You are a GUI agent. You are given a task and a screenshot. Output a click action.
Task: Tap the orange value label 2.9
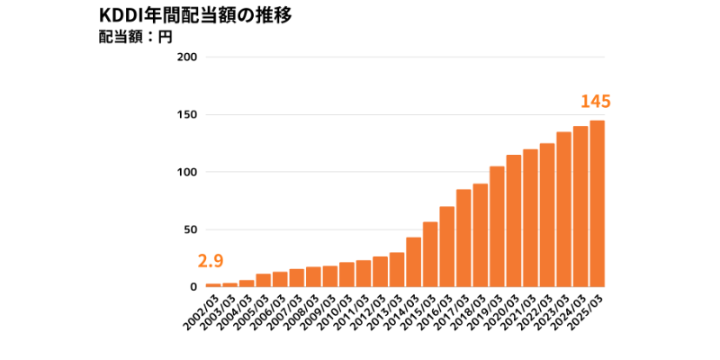210,261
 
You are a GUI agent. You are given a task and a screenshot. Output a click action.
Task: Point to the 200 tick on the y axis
187,58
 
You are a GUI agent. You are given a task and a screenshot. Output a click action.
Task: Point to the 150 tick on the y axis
187,115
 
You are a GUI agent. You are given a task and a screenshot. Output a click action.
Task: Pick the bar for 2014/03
413,262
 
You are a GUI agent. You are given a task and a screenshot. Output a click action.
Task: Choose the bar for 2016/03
446,247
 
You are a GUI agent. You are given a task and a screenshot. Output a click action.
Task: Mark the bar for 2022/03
547,215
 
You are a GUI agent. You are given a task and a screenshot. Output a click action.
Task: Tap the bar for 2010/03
346,274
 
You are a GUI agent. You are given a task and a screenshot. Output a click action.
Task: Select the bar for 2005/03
263,280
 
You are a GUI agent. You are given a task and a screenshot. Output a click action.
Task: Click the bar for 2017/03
463,238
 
